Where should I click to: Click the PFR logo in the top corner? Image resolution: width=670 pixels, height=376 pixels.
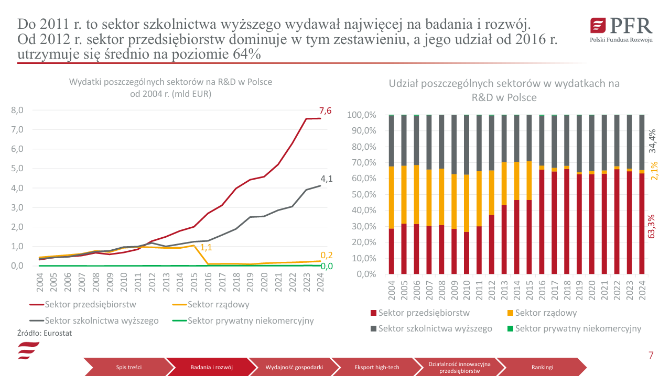click(621, 30)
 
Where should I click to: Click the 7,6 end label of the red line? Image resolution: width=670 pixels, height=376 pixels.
click(325, 110)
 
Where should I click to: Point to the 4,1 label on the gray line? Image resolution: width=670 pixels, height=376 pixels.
click(326, 179)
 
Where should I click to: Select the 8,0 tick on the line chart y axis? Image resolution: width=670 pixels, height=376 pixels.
click(17, 110)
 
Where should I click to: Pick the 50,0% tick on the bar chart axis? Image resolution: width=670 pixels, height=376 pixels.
click(362, 194)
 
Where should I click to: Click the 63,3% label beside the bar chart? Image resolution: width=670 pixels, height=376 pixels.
click(652, 226)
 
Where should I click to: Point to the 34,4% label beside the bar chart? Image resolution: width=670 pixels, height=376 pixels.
click(652, 141)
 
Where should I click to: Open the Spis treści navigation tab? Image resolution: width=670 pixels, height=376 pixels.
click(129, 367)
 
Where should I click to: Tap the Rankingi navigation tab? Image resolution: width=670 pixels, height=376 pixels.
click(542, 367)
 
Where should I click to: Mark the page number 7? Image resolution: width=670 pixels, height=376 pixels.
click(651, 356)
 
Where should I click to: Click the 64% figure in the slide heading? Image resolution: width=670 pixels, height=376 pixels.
click(246, 54)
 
